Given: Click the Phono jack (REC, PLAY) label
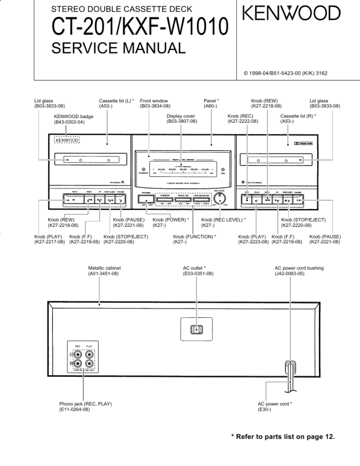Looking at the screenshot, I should pos(85,406).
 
